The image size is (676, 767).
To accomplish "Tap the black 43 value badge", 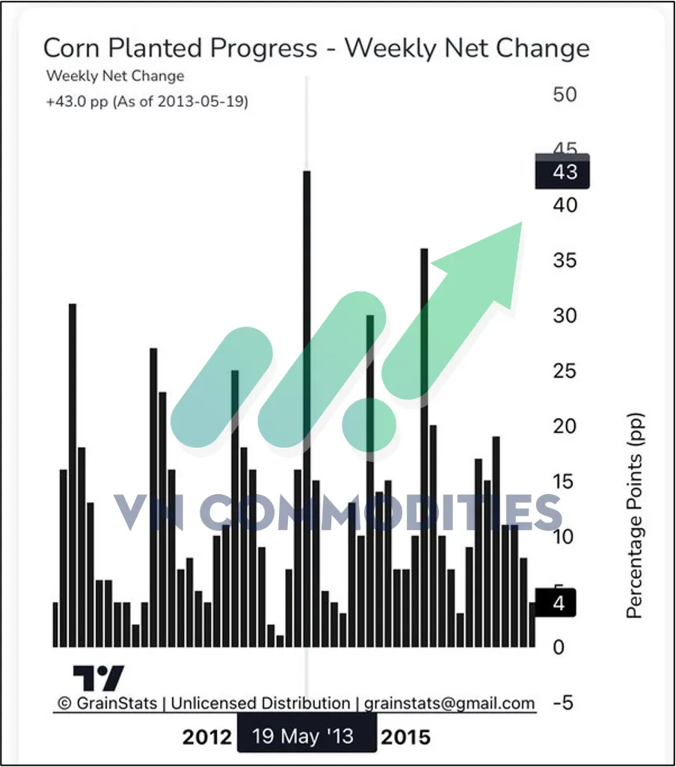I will tap(563, 171).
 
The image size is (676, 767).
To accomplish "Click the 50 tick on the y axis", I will tap(565, 95).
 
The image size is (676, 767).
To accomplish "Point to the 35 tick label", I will tap(565, 261).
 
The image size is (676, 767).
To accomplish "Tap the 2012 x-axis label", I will tap(206, 737).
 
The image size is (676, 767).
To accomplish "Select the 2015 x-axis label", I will tap(406, 737).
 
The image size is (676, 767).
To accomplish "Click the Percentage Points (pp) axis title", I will tap(635, 516).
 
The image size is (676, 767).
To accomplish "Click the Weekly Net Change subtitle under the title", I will tap(115, 76).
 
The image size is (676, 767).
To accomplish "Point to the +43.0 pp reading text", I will tap(147, 101).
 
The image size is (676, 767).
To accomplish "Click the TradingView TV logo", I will tap(98, 678).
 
